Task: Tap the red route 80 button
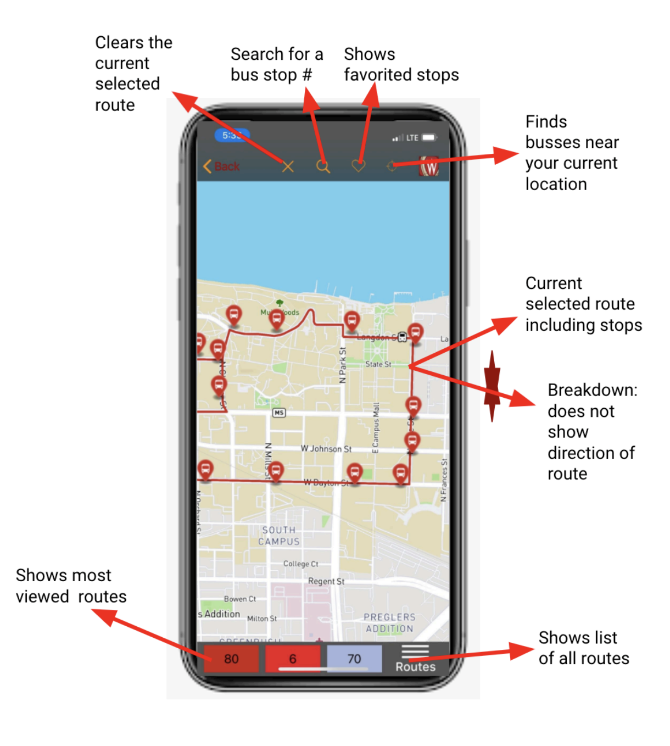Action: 231,659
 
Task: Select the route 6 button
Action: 293,659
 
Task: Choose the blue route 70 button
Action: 354,659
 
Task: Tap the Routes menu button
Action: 415,659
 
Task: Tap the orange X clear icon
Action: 288,166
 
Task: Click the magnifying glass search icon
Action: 323,166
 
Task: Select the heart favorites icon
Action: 358,165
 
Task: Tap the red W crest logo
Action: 429,165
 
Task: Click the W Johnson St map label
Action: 326,449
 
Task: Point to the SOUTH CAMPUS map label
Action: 279,536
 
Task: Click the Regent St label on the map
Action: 326,581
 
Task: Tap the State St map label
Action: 378,364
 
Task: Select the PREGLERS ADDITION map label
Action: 389,623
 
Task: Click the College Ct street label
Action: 300,564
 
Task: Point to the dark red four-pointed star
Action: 492,386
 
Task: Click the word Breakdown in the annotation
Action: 592,390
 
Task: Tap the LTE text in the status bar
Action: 412,138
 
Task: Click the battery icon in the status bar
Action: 429,137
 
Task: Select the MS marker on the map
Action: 279,413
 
